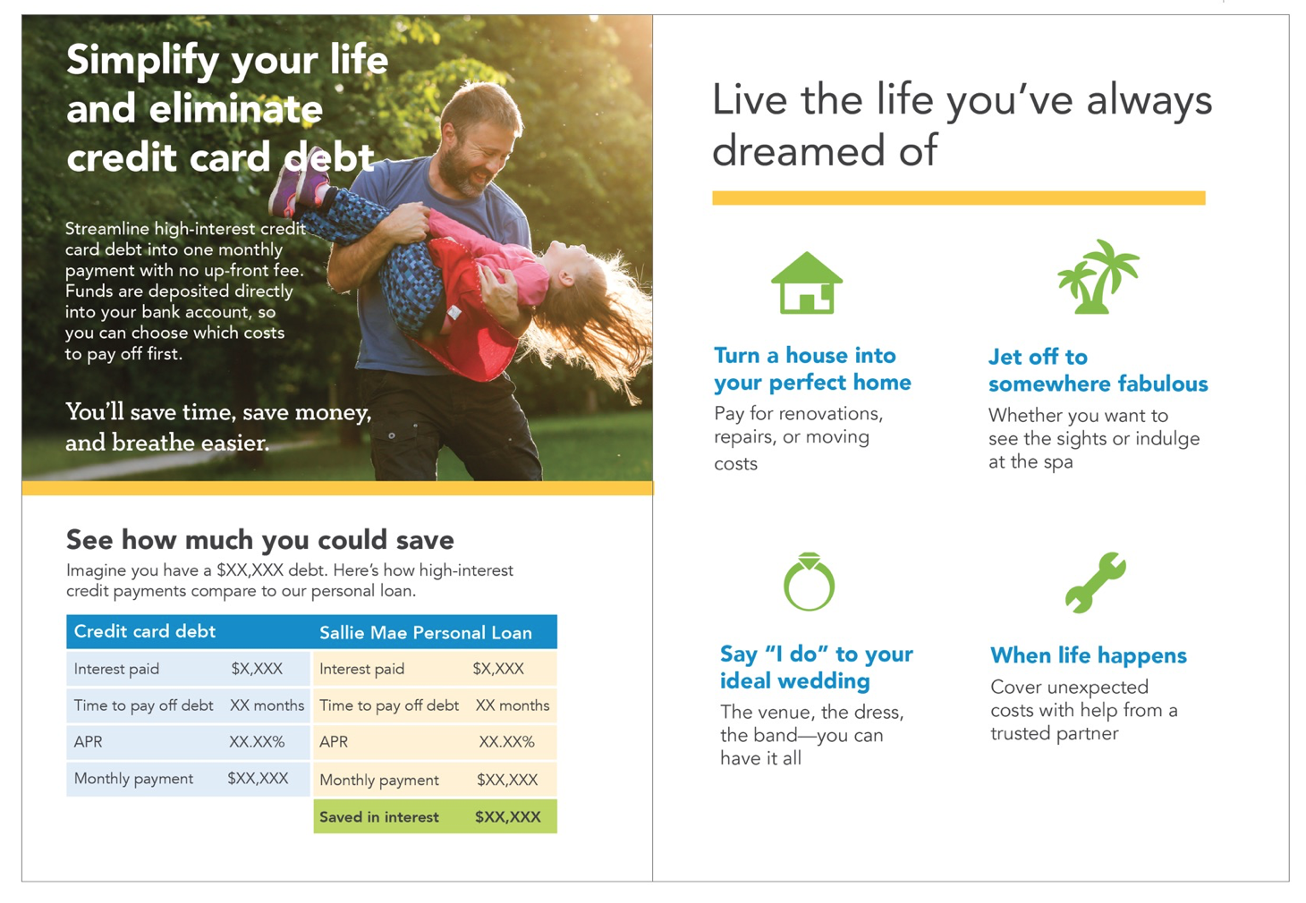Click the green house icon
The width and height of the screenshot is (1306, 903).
tap(807, 283)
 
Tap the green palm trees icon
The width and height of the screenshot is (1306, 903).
tap(1098, 277)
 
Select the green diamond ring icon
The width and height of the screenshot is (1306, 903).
tap(809, 582)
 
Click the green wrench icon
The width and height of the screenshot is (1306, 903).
tap(1096, 582)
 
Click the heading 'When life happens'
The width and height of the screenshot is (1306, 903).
tap(1088, 655)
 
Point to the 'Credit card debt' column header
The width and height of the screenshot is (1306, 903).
tap(145, 631)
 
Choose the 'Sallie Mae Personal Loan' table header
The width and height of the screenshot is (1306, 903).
tap(426, 633)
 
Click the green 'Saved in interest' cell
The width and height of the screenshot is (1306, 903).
tap(379, 817)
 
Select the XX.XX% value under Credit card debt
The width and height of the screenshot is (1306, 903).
tap(257, 742)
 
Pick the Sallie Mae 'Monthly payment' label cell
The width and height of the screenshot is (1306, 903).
tap(379, 781)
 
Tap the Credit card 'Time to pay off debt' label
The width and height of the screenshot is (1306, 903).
tap(143, 705)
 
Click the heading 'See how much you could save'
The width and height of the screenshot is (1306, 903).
tap(259, 540)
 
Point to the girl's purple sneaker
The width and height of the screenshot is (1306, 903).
tap(300, 188)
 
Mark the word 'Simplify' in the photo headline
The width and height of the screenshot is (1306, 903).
tap(142, 61)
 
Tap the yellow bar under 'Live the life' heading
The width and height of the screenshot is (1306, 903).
tap(958, 198)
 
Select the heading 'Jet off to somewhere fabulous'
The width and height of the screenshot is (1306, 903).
tap(1098, 370)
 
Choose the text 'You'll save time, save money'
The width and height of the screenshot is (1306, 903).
tap(218, 412)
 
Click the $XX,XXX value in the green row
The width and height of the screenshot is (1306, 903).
tap(507, 817)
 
